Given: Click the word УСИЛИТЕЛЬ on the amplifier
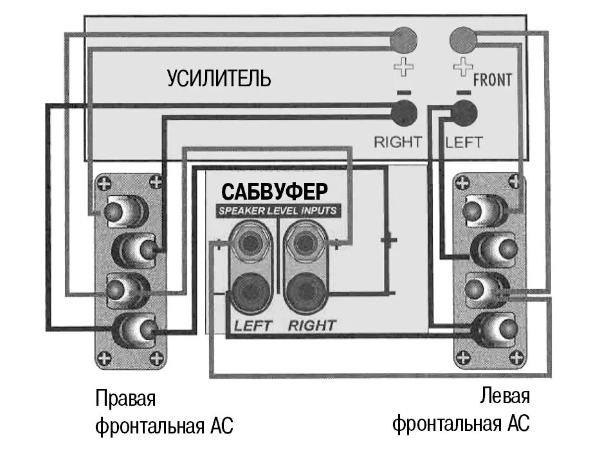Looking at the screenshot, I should [x=219, y=79].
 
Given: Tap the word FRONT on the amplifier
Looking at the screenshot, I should [x=493, y=80].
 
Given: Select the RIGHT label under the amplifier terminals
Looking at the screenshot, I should [x=398, y=142].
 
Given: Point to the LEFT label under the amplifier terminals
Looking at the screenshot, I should [x=464, y=142].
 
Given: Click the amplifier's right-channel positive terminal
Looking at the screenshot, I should [x=404, y=41].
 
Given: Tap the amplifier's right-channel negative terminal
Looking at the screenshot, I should [x=404, y=113].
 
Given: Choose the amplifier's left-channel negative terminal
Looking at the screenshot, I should [x=464, y=113].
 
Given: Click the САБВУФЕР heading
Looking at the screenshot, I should [x=275, y=191].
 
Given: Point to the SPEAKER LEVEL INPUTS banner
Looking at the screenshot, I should [x=277, y=211].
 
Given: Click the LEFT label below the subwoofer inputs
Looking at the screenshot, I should [x=252, y=325].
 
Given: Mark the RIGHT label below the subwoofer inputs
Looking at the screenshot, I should [x=312, y=325].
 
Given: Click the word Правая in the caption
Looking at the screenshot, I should [x=126, y=398].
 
